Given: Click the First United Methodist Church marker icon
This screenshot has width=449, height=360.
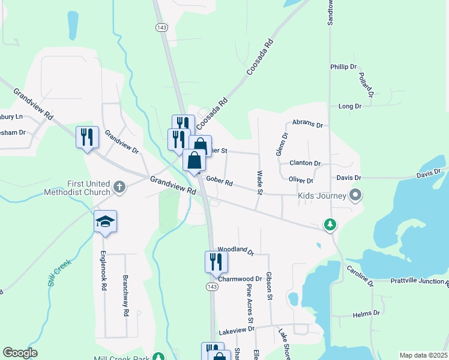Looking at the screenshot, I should [x=119, y=187].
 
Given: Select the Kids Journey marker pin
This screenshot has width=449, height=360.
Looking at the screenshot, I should [x=355, y=195].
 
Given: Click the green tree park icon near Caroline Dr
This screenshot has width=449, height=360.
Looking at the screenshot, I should [x=330, y=225].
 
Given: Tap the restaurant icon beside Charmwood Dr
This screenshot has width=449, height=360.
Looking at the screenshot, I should [x=215, y=262].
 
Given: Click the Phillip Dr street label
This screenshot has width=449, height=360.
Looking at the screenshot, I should [x=343, y=67].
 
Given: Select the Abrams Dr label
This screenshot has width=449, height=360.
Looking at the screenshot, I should [x=307, y=124].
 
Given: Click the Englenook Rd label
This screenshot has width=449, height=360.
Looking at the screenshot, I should [x=104, y=271].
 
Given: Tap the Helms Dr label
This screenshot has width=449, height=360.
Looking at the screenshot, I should [x=367, y=314].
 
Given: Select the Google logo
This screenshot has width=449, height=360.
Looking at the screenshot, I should [x=20, y=353].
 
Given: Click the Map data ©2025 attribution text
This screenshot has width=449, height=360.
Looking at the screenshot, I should [x=423, y=355].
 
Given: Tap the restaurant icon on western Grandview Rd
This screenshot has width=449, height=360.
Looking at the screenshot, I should [x=87, y=137].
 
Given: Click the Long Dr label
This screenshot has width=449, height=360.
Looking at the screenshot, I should [x=349, y=106].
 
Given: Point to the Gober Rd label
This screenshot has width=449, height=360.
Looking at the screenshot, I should [x=219, y=180].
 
